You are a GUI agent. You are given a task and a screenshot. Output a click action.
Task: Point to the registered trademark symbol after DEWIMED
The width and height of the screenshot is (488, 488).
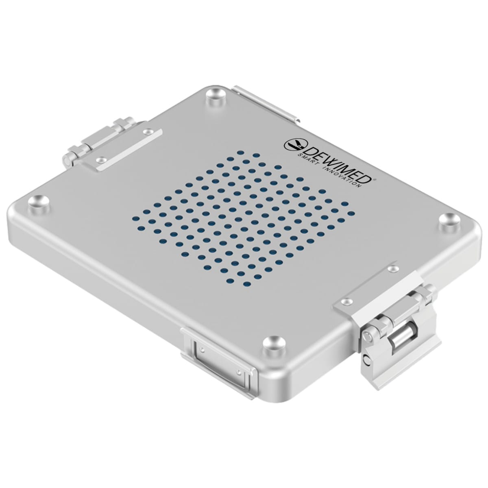pos(375,179)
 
